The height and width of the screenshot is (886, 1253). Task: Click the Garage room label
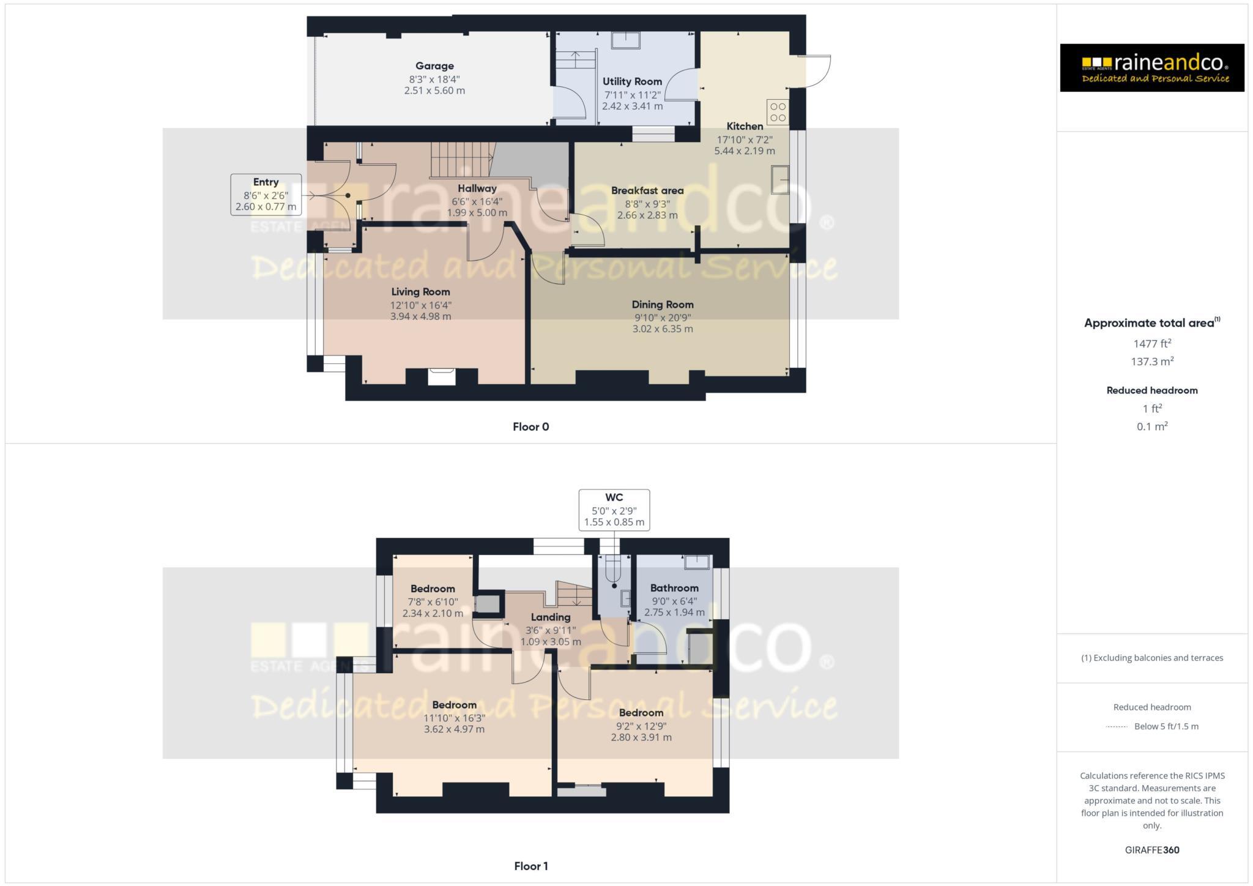[434, 66]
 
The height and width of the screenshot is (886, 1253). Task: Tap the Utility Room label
[632, 81]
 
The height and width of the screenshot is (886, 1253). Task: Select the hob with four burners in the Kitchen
[778, 112]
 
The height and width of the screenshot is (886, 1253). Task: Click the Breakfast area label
[647, 191]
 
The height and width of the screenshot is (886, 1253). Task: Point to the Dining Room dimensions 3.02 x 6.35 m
[663, 329]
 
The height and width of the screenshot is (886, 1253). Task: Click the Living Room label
[420, 292]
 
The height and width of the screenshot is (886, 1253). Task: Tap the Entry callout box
[266, 195]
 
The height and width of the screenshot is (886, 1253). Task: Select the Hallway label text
[477, 188]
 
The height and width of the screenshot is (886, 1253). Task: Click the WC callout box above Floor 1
[614, 510]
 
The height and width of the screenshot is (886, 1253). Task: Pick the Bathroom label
[674, 588]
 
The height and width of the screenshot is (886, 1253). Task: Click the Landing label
[551, 617]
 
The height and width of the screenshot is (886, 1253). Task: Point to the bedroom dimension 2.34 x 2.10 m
[433, 613]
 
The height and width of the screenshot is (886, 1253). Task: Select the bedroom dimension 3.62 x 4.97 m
[454, 729]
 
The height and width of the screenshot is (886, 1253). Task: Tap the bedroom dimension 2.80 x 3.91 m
[641, 737]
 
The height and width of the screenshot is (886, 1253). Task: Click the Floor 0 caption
[530, 427]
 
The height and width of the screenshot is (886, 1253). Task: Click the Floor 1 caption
[530, 866]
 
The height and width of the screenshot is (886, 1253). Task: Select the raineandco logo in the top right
[1151, 68]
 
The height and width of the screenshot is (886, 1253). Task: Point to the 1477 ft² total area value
[1152, 344]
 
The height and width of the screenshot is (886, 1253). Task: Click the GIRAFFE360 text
[1152, 850]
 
